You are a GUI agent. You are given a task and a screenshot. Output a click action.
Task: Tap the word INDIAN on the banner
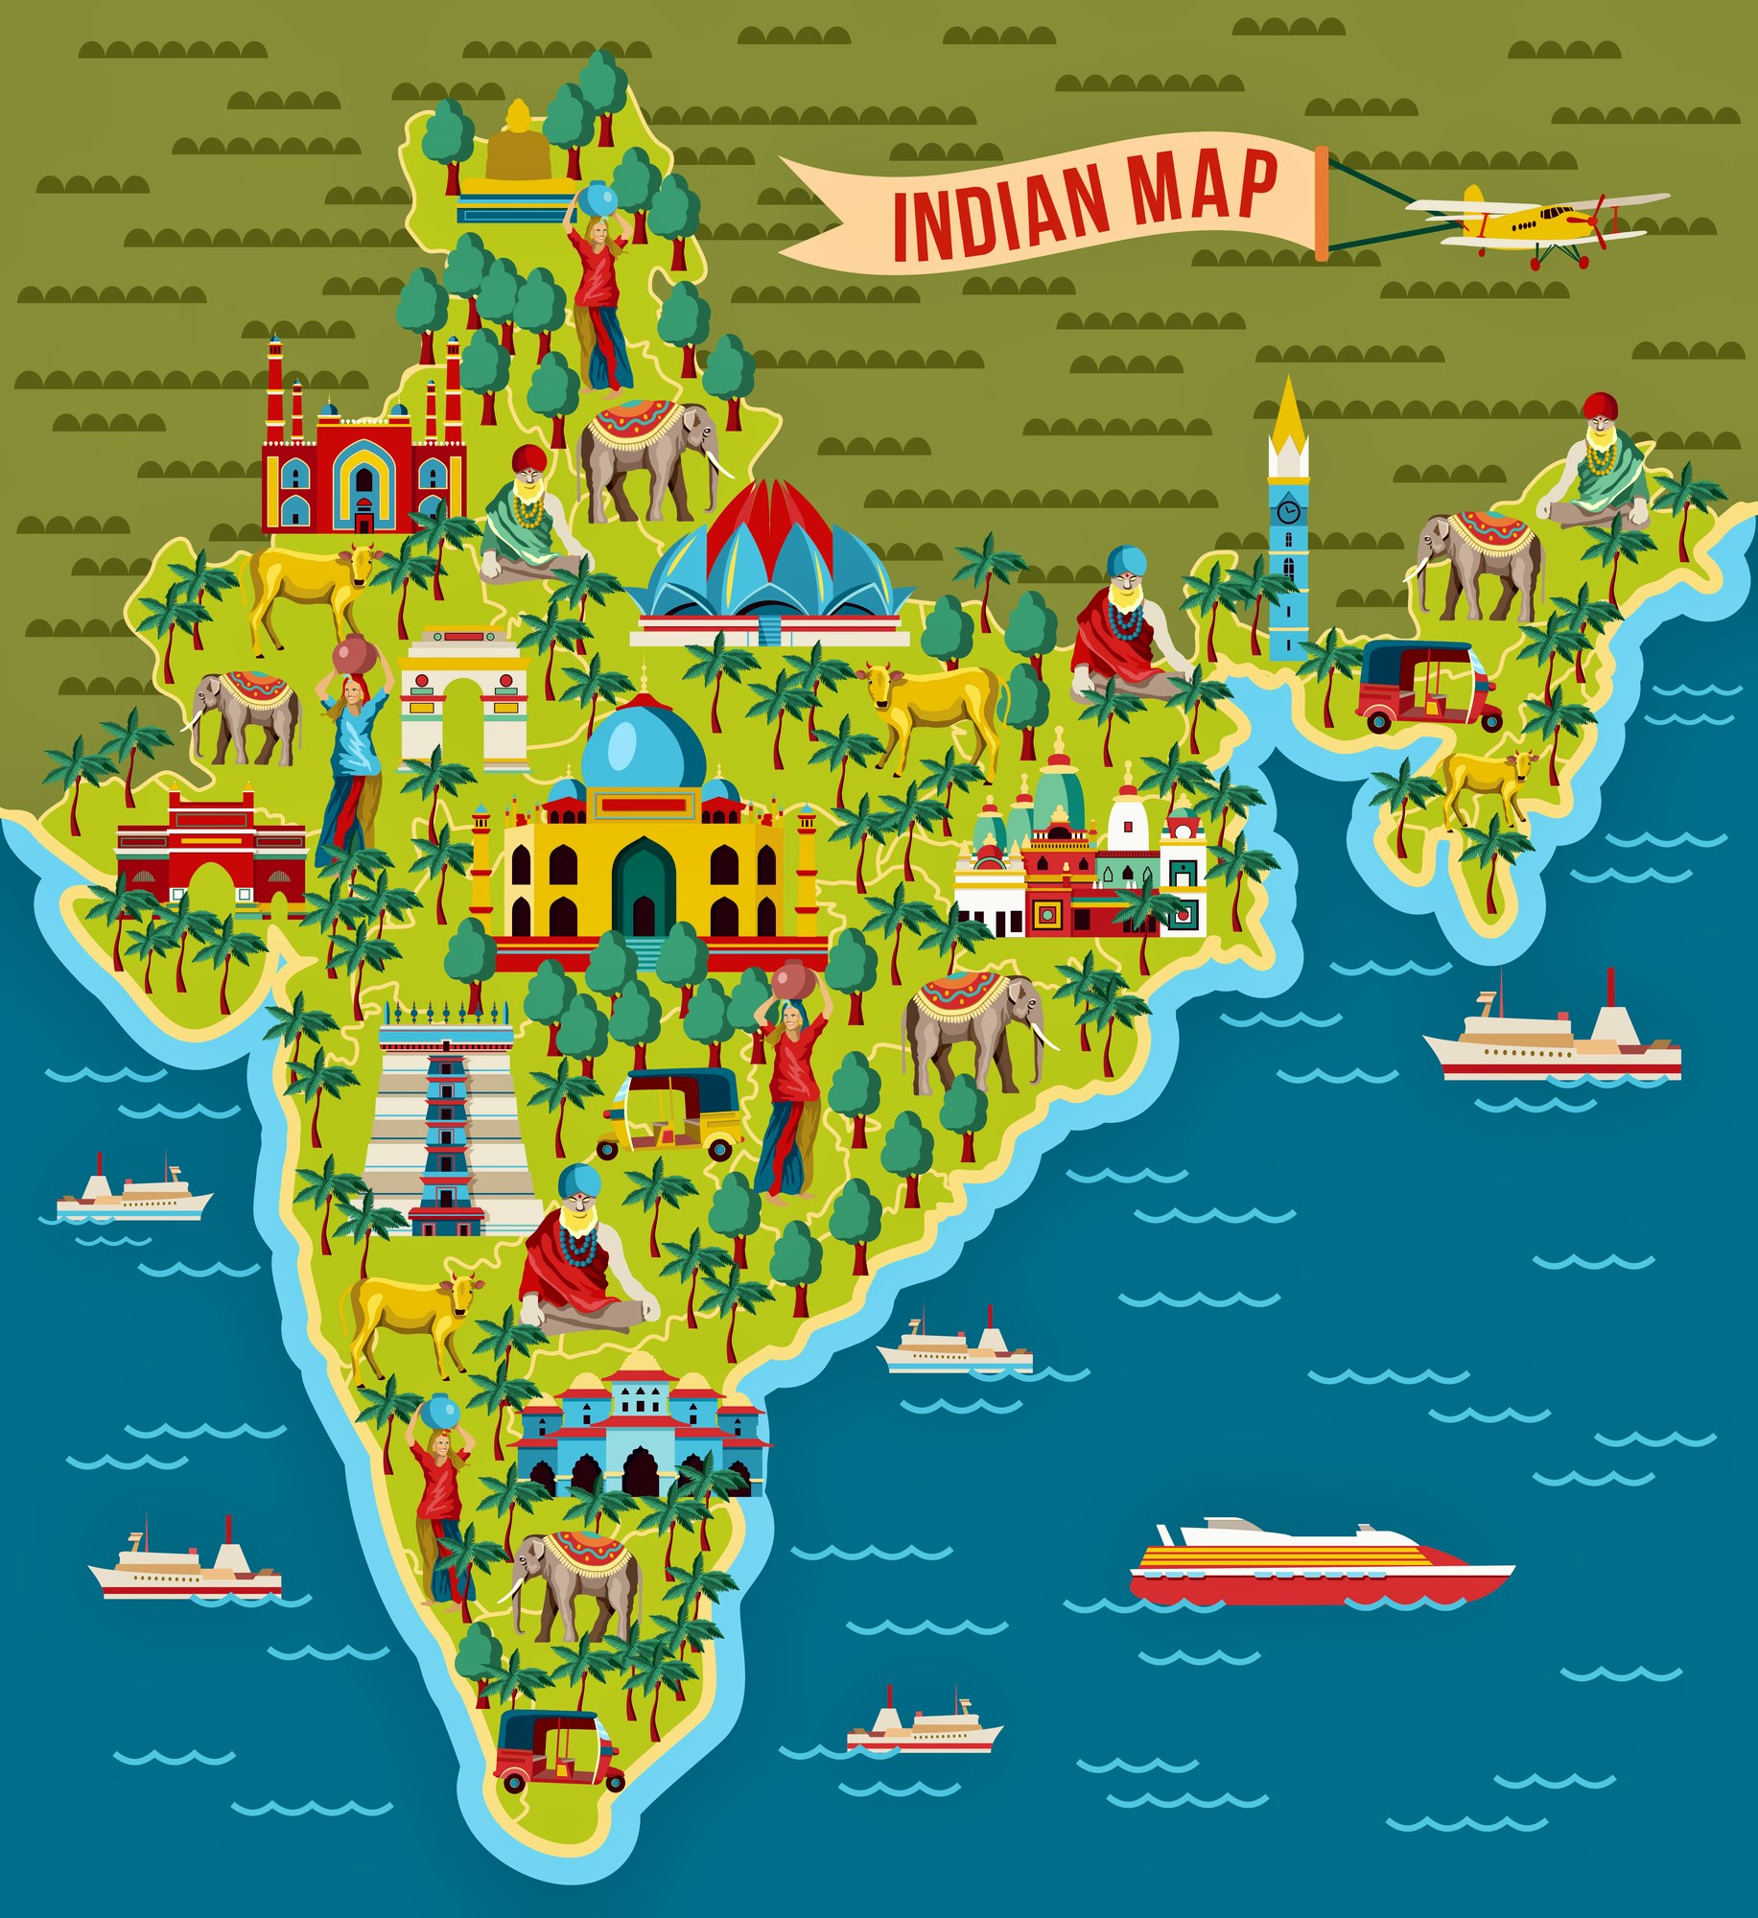(997, 212)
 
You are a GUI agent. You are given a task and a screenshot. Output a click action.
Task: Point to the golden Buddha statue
(517, 144)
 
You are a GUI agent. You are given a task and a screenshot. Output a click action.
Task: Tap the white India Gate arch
(464, 700)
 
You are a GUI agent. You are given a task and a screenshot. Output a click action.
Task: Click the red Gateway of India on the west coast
(211, 849)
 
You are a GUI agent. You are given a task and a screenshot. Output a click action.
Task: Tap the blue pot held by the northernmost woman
(600, 198)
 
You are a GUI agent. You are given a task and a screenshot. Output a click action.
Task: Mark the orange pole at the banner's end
(1322, 203)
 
